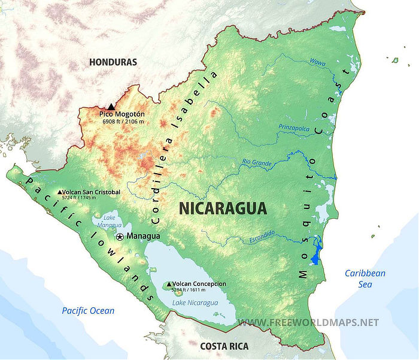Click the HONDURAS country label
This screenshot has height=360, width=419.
113,62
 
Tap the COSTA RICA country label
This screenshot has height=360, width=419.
224,346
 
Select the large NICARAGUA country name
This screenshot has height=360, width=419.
223,208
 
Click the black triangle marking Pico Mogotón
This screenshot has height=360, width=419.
111,106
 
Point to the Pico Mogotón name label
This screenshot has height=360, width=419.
122,114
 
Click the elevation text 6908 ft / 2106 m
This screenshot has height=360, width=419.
123,121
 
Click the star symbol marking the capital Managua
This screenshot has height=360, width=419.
120,237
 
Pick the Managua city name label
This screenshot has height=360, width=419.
144,236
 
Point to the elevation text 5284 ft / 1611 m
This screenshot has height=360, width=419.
193,290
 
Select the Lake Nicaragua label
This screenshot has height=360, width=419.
195,302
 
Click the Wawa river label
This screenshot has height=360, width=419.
318,62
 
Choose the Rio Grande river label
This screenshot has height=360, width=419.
257,162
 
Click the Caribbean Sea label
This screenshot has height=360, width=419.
365,279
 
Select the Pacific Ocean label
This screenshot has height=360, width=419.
88,310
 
